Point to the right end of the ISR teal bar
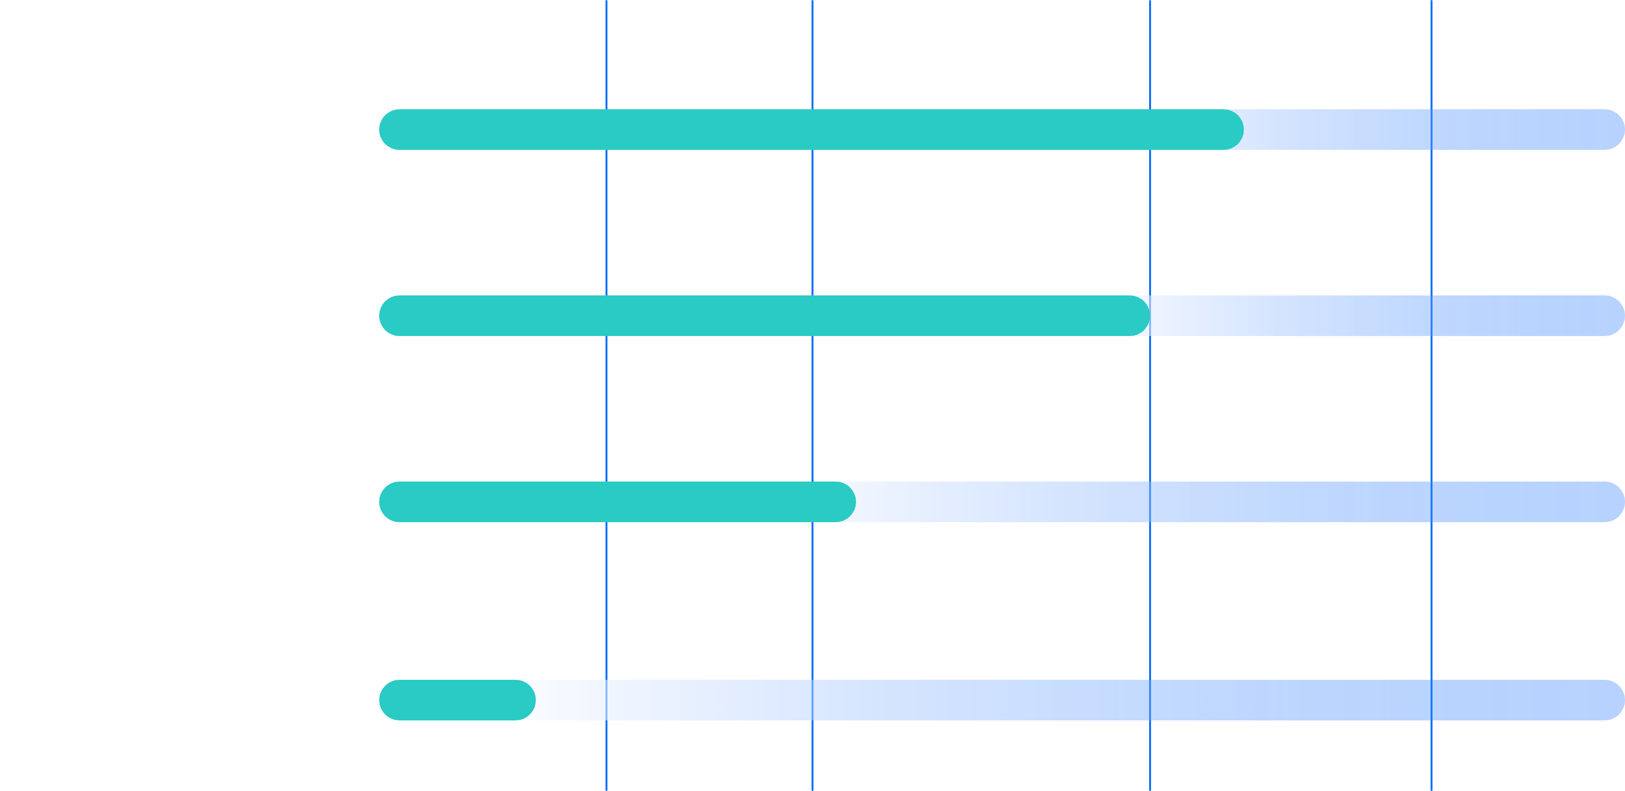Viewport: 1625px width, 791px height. [x=1233, y=129]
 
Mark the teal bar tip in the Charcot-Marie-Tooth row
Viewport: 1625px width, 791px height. [x=526, y=700]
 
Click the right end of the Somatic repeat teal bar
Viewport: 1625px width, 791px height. [x=846, y=502]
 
